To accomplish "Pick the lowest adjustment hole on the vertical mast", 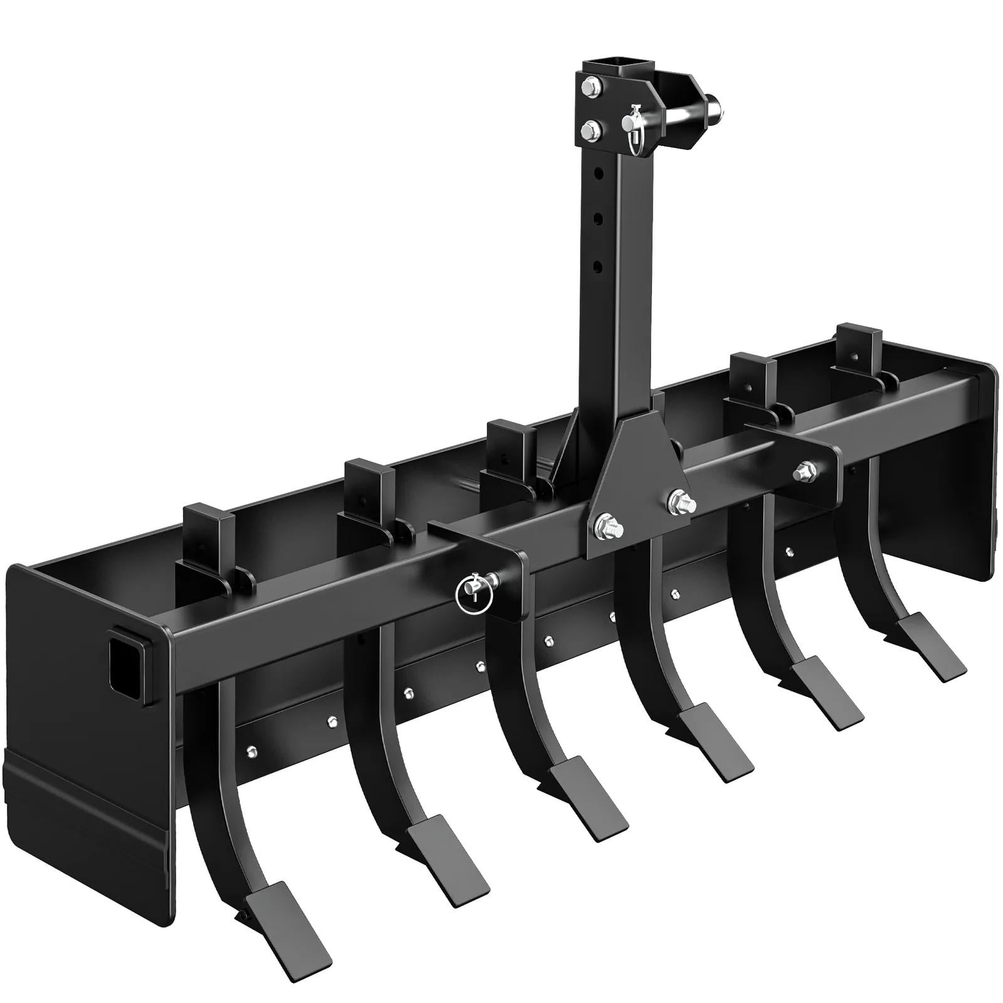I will pyautogui.click(x=599, y=266).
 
